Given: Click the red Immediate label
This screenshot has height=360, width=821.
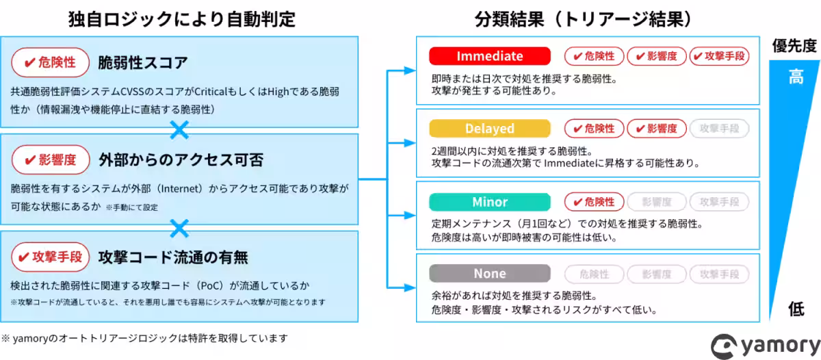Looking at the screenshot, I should [x=489, y=56].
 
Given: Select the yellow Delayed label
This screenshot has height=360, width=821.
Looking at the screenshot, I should [x=489, y=129].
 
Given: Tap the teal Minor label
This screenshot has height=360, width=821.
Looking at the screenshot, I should [x=489, y=202].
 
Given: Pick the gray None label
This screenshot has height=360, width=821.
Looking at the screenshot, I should [x=489, y=274].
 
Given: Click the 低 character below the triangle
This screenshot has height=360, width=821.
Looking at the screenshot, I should [x=796, y=309].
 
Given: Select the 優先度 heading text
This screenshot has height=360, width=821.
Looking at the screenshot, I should [x=794, y=46].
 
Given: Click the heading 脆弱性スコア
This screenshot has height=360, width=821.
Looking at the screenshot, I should [x=143, y=63].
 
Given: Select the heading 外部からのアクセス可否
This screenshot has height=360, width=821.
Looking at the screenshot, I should [x=181, y=159].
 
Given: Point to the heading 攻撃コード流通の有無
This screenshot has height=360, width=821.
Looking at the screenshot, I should [x=173, y=257].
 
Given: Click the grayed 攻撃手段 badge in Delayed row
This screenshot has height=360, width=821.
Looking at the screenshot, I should [x=719, y=129].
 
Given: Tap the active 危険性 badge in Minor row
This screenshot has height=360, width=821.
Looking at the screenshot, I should [x=594, y=202].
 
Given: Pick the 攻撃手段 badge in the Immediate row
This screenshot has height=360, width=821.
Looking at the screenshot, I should [x=719, y=56].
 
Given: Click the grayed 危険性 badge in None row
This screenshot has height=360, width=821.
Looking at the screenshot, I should [x=594, y=274].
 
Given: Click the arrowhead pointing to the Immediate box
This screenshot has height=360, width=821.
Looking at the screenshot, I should [x=410, y=70].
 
